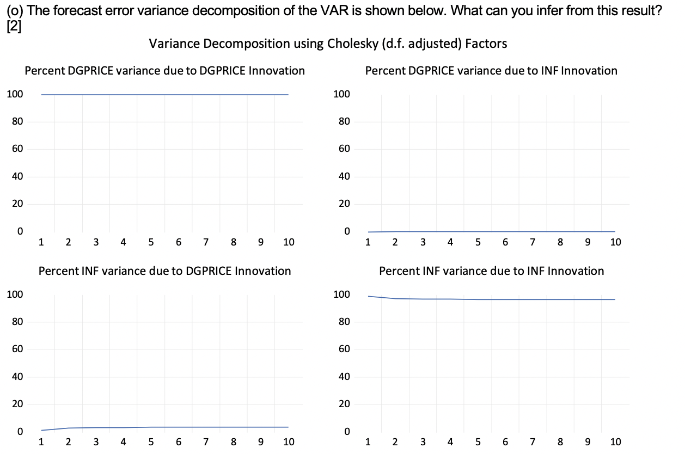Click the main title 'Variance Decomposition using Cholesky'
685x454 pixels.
[x=328, y=44]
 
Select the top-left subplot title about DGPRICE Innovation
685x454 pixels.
[x=165, y=71]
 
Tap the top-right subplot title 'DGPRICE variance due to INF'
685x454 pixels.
[x=491, y=71]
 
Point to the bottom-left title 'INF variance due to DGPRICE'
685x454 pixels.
[x=164, y=271]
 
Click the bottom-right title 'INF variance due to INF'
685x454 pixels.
[x=491, y=271]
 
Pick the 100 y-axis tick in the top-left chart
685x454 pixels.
[x=15, y=94]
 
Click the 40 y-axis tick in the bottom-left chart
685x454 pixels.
[x=16, y=377]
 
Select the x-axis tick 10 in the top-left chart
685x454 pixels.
[x=288, y=243]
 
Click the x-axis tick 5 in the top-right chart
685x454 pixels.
[x=478, y=243]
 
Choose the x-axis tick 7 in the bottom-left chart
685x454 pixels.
[x=206, y=442]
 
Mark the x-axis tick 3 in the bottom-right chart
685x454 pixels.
[x=423, y=442]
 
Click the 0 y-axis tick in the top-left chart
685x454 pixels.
[x=19, y=231]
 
